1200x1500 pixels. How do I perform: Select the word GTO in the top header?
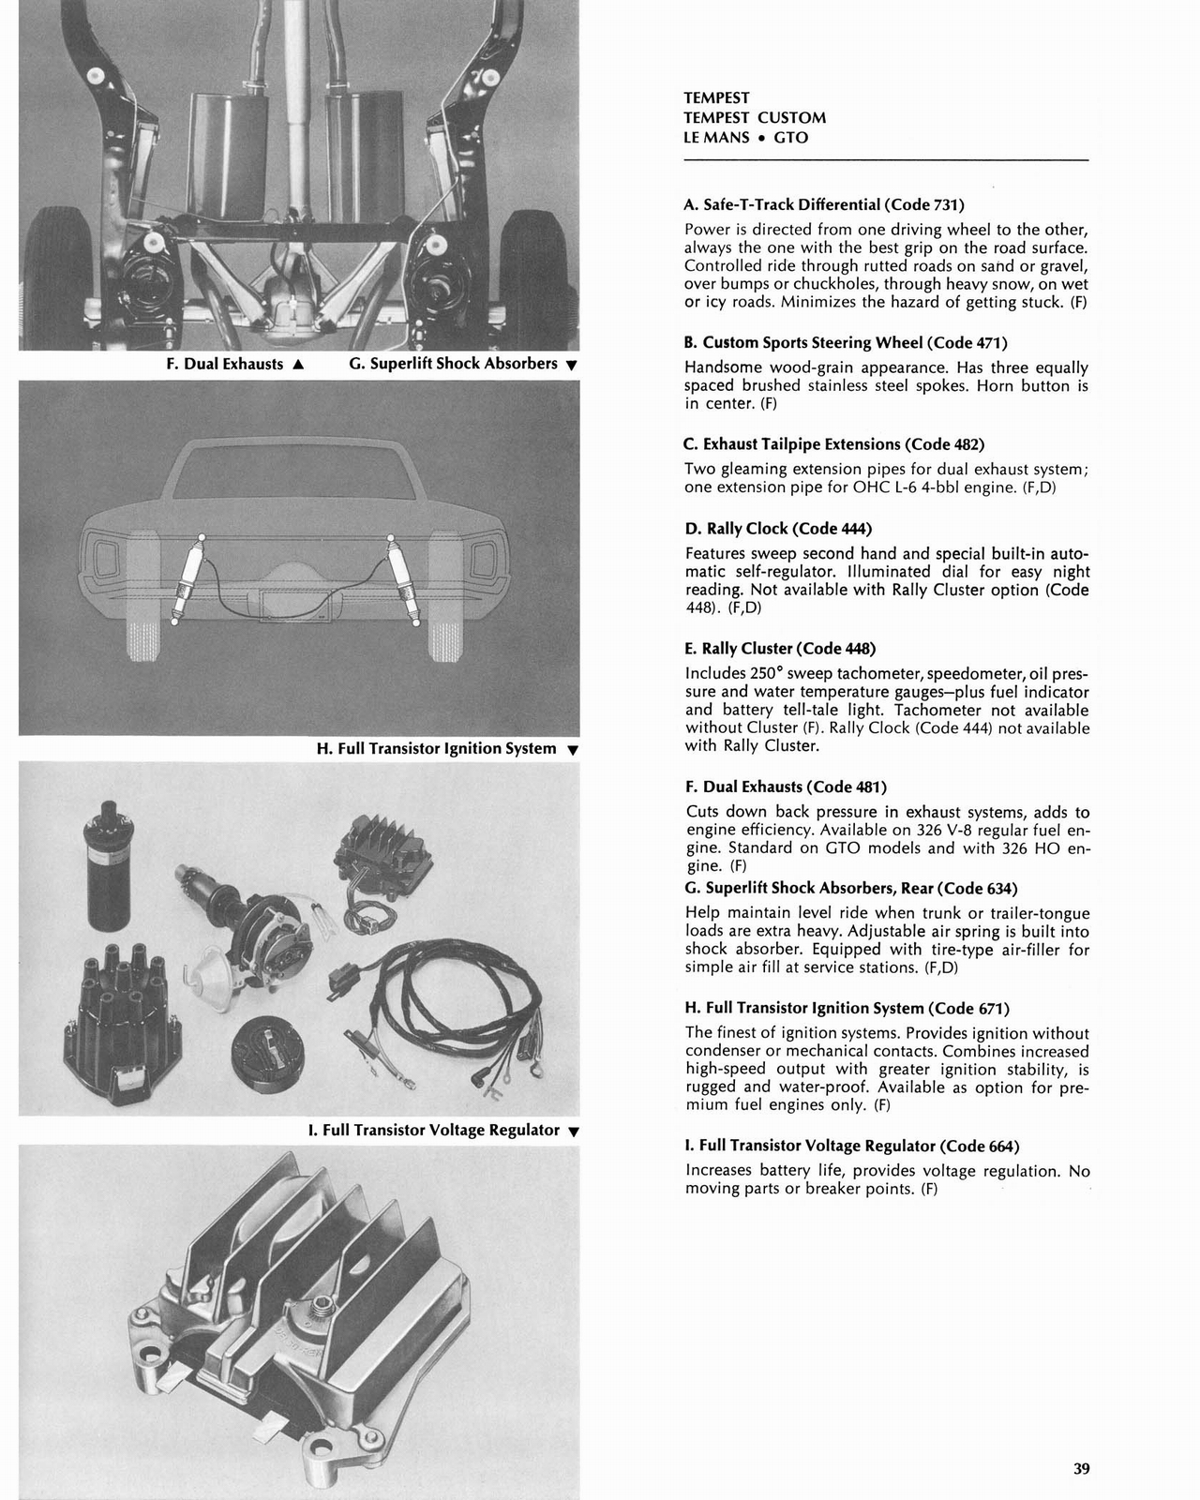tap(791, 138)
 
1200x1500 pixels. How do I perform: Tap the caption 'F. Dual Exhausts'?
tap(224, 364)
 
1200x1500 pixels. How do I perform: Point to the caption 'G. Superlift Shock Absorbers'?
tap(453, 364)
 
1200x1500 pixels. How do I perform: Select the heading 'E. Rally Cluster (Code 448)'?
tap(780, 649)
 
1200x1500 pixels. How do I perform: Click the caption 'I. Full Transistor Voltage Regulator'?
tap(433, 1131)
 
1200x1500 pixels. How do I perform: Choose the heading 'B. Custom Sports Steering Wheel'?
tap(846, 343)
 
